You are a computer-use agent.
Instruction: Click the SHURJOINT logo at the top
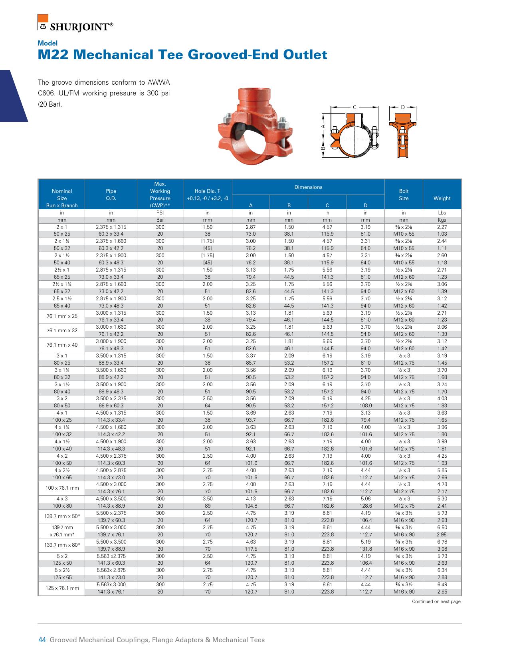click(x=76, y=24)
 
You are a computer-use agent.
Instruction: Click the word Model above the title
click(x=48, y=43)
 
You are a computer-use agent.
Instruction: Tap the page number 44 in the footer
click(x=42, y=640)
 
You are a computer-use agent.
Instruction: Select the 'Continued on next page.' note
click(x=437, y=601)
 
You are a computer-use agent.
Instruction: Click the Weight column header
click(x=442, y=198)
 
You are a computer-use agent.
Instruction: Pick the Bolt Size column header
click(x=404, y=195)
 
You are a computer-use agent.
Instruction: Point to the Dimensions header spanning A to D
click(x=308, y=187)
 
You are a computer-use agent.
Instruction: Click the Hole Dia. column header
click(x=208, y=195)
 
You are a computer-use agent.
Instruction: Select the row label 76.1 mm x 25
click(x=62, y=316)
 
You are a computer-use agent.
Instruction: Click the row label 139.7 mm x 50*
click(x=62, y=516)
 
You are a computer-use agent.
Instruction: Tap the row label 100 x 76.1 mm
click(x=62, y=488)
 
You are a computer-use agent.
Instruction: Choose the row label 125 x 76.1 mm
click(x=62, y=588)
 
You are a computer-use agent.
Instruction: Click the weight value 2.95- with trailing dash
click(x=442, y=535)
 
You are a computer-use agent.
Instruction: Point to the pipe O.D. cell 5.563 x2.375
click(x=111, y=556)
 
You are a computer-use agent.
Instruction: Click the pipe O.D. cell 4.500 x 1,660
click(x=111, y=427)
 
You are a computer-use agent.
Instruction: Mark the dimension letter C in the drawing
click(x=355, y=107)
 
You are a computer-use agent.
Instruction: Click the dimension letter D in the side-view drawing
click(x=403, y=107)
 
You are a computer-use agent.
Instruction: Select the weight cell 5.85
click(x=442, y=470)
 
